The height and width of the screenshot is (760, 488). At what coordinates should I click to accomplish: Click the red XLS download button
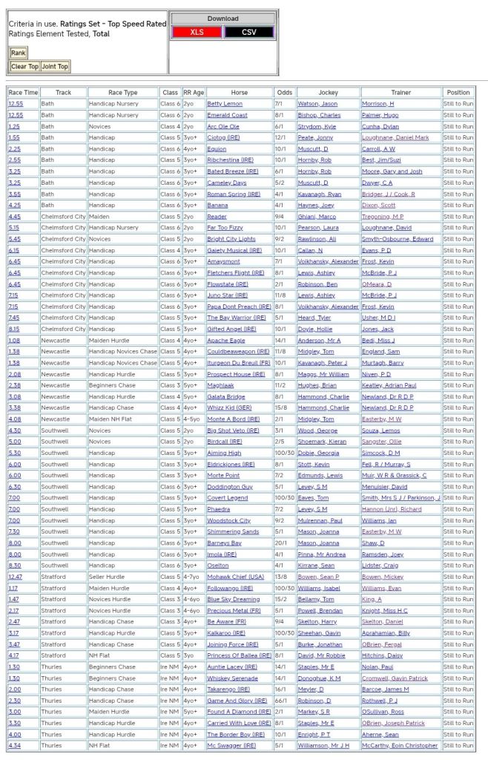[197, 32]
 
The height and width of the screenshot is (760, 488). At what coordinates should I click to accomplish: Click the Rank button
[18, 53]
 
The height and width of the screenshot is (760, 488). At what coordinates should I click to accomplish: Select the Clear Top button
[24, 67]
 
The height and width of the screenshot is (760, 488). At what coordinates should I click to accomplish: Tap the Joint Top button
[56, 67]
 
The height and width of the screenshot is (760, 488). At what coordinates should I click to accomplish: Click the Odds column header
[284, 93]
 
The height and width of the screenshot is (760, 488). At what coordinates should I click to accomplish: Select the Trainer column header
[400, 93]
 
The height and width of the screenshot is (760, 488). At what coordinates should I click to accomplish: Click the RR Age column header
[194, 93]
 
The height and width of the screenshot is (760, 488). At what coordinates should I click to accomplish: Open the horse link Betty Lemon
[225, 104]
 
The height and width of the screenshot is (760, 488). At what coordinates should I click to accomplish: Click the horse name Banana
[217, 205]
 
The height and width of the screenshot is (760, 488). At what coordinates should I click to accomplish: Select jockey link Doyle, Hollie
[314, 329]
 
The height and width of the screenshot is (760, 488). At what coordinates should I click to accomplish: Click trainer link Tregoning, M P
[383, 216]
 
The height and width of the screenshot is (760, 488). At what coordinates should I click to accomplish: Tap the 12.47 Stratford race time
[15, 576]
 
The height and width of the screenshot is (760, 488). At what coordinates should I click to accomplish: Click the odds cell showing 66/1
[282, 700]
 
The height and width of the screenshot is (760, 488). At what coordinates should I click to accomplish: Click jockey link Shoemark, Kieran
[322, 441]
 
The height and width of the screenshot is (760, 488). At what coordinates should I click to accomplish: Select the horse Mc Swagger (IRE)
[232, 745]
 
